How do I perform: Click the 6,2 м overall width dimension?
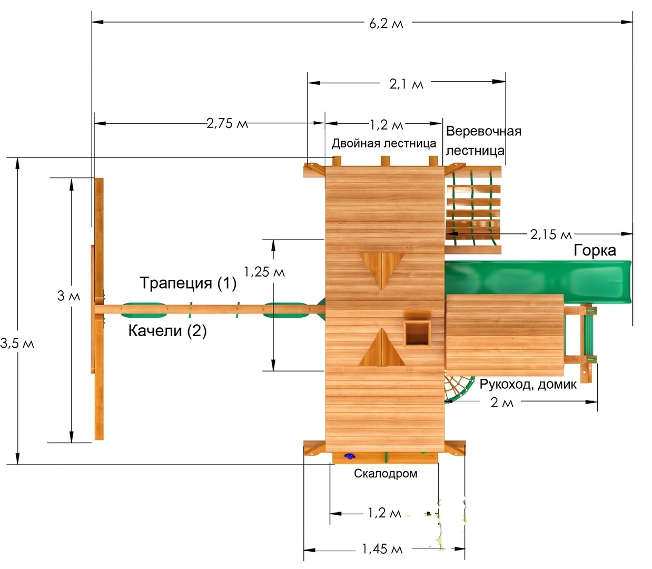(386, 24)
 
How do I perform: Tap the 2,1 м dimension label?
(406, 84)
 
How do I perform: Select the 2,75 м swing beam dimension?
(227, 123)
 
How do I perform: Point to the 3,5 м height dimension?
(17, 344)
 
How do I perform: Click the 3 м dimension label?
(68, 296)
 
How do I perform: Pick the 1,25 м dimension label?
(264, 272)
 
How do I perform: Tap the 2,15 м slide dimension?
(551, 234)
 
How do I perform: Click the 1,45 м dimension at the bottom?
(382, 549)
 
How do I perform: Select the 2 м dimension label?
(502, 403)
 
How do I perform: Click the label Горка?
(595, 251)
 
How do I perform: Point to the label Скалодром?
(386, 474)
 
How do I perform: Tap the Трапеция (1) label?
(188, 283)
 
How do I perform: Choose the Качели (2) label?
(167, 331)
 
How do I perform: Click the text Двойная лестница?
(384, 143)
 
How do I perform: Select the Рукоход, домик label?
(528, 385)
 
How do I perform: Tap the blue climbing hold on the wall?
(350, 456)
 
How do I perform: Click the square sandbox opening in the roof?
(417, 333)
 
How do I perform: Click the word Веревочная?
(484, 131)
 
